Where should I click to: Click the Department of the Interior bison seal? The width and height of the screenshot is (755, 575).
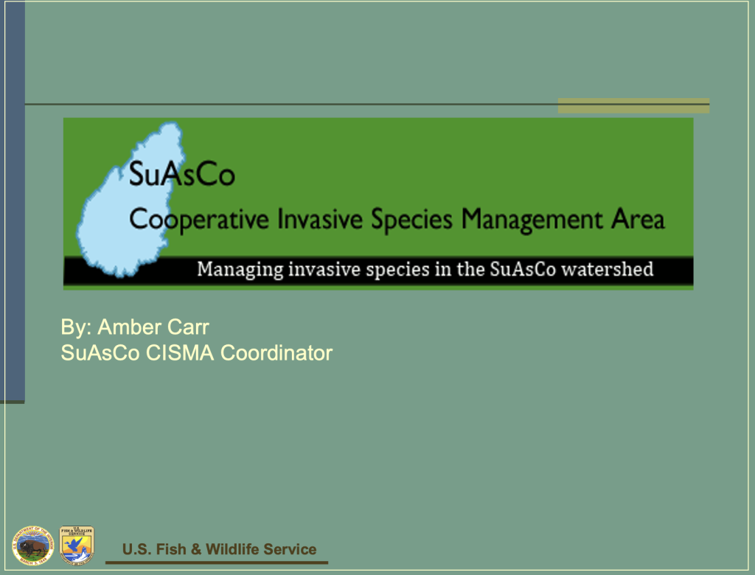click(32, 546)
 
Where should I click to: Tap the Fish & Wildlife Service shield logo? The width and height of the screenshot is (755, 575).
click(76, 545)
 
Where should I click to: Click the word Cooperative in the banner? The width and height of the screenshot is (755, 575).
click(198, 220)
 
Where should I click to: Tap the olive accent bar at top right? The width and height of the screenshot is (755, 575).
click(633, 106)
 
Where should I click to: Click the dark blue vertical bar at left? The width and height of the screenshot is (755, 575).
click(13, 199)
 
